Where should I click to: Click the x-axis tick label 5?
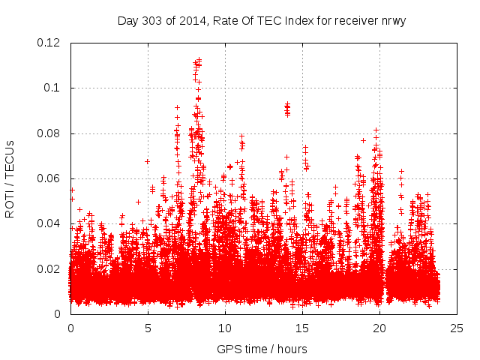[148, 328]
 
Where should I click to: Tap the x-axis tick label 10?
[225, 328]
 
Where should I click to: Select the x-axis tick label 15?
[302, 328]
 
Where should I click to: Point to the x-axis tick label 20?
[379, 328]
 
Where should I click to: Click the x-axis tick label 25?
[457, 328]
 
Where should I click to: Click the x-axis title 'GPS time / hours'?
[262, 349]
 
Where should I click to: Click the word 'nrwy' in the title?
[391, 20]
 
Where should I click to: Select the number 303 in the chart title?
[152, 20]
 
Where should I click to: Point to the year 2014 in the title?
[189, 20]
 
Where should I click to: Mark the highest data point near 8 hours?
[198, 60]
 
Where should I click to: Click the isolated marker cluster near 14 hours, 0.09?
[286, 109]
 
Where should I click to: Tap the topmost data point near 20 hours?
[376, 130]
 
